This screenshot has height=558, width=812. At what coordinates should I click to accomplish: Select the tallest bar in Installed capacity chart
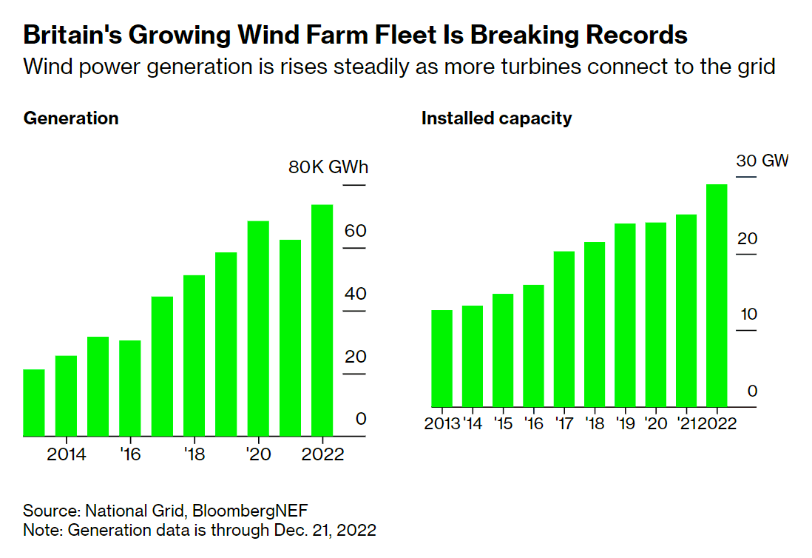717,295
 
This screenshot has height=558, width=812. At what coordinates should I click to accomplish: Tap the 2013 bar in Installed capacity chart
441,358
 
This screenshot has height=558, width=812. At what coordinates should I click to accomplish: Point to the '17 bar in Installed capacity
564,329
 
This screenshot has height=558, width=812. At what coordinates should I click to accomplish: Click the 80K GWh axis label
328,167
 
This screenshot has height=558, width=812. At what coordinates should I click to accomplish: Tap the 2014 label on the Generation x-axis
67,454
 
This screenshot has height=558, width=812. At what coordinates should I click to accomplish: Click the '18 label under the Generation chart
194,454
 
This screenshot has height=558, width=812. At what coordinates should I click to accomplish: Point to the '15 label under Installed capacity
503,424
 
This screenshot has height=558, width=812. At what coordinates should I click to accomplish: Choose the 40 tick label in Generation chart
355,294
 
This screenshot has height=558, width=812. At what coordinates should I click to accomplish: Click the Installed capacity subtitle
496,118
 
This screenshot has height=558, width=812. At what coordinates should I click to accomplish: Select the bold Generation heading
71,118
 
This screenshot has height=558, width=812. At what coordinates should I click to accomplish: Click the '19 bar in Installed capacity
626,315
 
